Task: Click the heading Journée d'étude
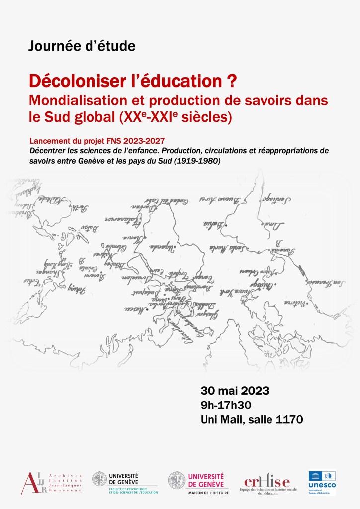coord(82,46)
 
